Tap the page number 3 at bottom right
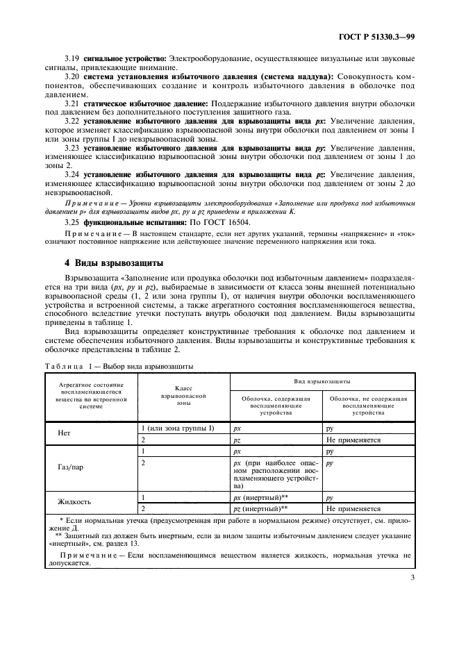point(412,595)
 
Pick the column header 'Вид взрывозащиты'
point(321,381)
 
